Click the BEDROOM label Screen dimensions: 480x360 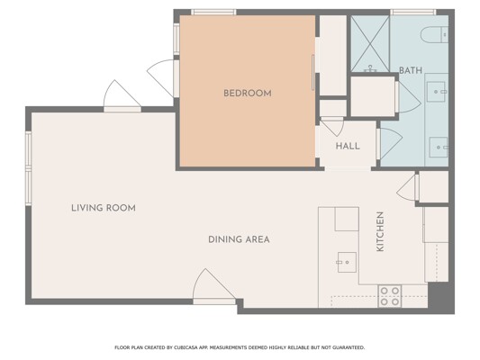click(x=248, y=94)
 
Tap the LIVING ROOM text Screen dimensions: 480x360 click(x=104, y=208)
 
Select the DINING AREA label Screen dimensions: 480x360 click(x=239, y=239)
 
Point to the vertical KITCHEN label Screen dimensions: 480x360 click(x=380, y=231)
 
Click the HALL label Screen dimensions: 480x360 click(x=348, y=146)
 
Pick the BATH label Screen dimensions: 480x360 click(x=411, y=70)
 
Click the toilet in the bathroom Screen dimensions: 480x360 click(x=434, y=34)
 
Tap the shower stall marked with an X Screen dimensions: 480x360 click(x=370, y=44)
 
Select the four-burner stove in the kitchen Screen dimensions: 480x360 click(x=390, y=296)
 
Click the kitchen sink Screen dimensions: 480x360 click(x=347, y=262)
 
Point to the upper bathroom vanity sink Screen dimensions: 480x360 click(x=436, y=92)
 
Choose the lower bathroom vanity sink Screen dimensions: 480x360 click(x=439, y=148)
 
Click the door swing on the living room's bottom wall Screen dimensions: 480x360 click(x=214, y=286)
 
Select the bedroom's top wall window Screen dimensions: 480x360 click(x=213, y=13)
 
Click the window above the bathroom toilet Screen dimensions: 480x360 click(x=413, y=13)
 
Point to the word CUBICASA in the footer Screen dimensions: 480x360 click(x=186, y=347)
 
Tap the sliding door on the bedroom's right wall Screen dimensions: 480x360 click(x=312, y=73)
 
